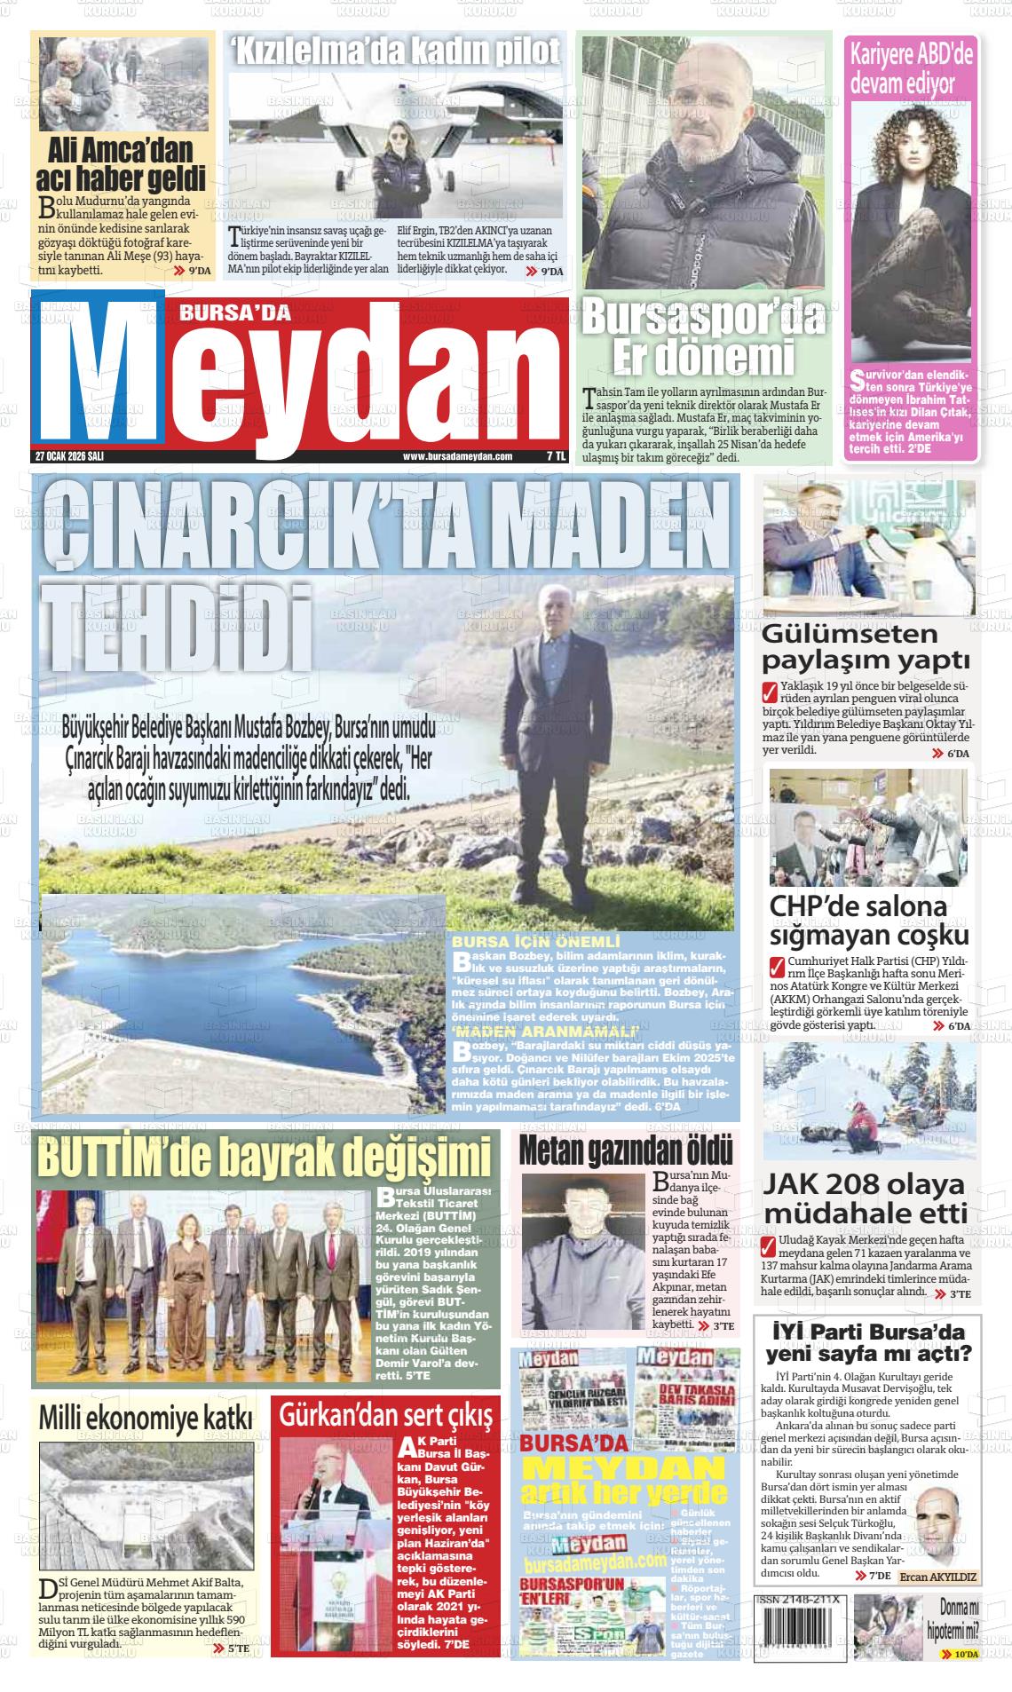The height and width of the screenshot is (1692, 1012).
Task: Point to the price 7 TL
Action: tap(555, 455)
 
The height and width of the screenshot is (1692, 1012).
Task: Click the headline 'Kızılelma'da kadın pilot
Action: tap(396, 53)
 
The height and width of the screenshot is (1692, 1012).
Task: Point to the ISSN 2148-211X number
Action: tap(799, 1599)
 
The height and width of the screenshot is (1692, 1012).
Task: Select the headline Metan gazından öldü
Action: tap(626, 1150)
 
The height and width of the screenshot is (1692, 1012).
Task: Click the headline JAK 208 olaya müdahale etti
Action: tap(866, 1198)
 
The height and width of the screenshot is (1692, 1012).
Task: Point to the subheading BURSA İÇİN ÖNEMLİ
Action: tap(535, 940)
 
